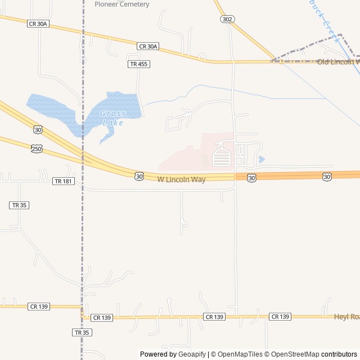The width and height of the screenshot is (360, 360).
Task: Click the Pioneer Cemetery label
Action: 122,4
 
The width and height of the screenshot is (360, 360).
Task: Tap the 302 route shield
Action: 226,19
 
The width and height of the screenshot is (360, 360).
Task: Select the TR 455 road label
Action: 138,64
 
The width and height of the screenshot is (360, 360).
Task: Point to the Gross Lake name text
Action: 113,118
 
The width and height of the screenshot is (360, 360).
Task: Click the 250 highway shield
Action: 37,148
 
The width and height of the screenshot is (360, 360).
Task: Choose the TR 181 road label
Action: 64,181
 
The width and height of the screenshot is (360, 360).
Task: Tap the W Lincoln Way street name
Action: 181,179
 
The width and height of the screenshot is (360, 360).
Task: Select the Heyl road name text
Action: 346,317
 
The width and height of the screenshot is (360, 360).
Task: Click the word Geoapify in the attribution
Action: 192,354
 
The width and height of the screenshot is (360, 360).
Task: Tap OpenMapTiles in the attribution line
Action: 240,354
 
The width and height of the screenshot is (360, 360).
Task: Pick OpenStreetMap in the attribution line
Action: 294,354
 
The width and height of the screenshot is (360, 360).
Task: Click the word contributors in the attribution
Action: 339,354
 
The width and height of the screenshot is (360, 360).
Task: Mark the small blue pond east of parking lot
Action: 262,159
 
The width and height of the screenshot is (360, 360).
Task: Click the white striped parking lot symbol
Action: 222,157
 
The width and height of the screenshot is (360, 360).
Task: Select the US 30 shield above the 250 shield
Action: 38,130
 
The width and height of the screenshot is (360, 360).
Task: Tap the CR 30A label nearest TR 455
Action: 148,46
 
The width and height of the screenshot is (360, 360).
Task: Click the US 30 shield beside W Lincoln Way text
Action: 139,177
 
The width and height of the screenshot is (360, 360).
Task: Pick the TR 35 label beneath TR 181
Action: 19,205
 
